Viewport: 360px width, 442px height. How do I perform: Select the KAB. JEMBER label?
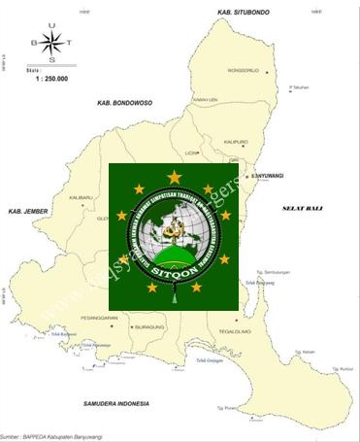(x=26, y=211)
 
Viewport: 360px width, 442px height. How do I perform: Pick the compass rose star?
(x=53, y=43)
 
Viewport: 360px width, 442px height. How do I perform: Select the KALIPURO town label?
(x=237, y=142)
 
